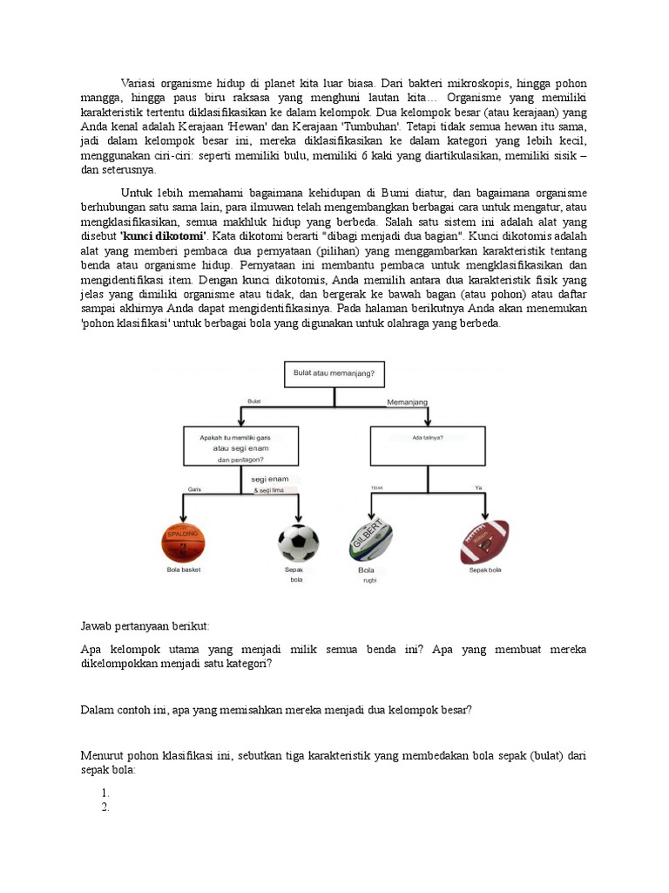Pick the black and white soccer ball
coord(299,542)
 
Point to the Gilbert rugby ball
coord(370,542)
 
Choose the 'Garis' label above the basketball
coord(194,490)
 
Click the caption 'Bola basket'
coord(183,569)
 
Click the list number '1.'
coord(105,793)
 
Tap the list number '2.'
coord(105,808)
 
